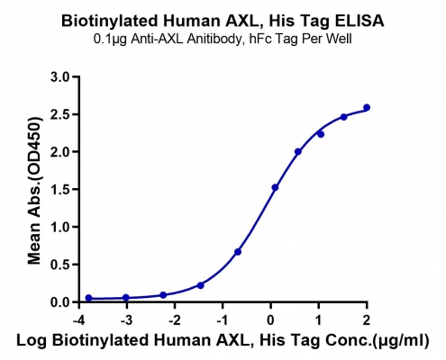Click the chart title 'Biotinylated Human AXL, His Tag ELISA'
pyautogui.click(x=223, y=21)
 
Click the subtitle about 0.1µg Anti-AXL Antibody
pyautogui.click(x=223, y=39)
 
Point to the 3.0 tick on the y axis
pyautogui.click(x=60, y=76)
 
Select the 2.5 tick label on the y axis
pyautogui.click(x=60, y=114)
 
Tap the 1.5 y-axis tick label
pyautogui.click(x=60, y=189)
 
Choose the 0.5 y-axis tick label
pyautogui.click(x=60, y=265)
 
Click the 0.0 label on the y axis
pyautogui.click(x=60, y=301)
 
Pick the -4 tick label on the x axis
pyautogui.click(x=78, y=320)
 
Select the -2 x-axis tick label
pyautogui.click(x=175, y=320)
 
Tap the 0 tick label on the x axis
pyautogui.click(x=270, y=320)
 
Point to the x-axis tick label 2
pyautogui.click(x=367, y=320)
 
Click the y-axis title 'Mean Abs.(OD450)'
pyautogui.click(x=34, y=189)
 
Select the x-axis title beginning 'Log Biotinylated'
pyautogui.click(x=223, y=341)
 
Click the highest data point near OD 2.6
pyautogui.click(x=367, y=107)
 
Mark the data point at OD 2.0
pyautogui.click(x=298, y=152)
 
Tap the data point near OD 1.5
pyautogui.click(x=275, y=187)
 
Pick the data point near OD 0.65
pyautogui.click(x=238, y=252)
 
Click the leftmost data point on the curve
pyautogui.click(x=88, y=298)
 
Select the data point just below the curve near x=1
pyautogui.click(x=321, y=134)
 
